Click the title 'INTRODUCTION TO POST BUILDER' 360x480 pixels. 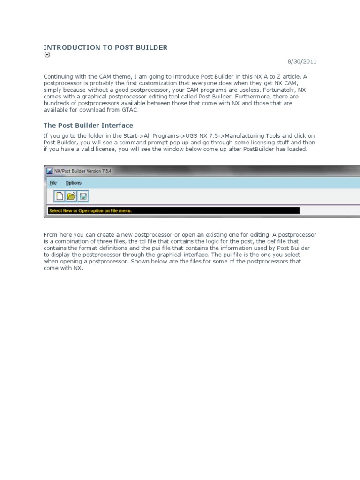click(105, 47)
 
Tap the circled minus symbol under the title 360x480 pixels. click(47, 55)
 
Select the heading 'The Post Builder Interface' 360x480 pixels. click(88, 125)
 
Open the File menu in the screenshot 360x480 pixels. click(53, 183)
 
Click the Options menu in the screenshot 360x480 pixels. click(73, 183)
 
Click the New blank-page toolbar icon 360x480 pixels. click(60, 196)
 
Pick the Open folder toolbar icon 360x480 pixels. click(71, 196)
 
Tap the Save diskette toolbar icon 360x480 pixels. click(83, 196)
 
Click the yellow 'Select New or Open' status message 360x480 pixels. click(90, 210)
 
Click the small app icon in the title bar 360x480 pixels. click(49, 171)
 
